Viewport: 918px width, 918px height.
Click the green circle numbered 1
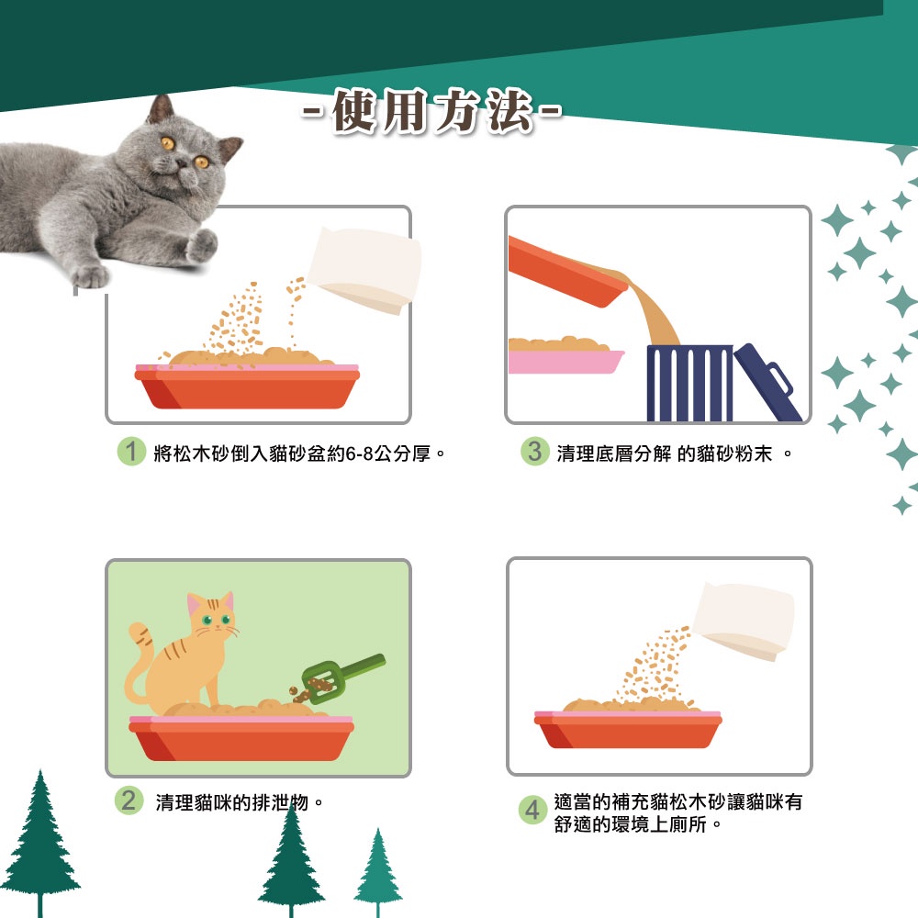131,452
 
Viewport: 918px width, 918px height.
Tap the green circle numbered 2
129,800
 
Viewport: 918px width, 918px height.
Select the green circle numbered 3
534,452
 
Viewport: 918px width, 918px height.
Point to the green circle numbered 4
532,810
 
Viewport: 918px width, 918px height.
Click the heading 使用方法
432,111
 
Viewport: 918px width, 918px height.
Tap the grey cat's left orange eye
167,143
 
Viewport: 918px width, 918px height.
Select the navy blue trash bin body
689,383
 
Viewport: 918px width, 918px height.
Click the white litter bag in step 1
364,269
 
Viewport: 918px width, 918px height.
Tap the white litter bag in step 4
744,621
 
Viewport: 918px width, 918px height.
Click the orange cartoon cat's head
211,614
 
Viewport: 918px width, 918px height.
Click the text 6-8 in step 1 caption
360,453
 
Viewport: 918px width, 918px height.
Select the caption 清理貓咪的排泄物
231,802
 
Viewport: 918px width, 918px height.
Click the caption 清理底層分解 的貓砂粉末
665,453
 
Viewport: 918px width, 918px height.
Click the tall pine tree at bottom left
39,843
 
